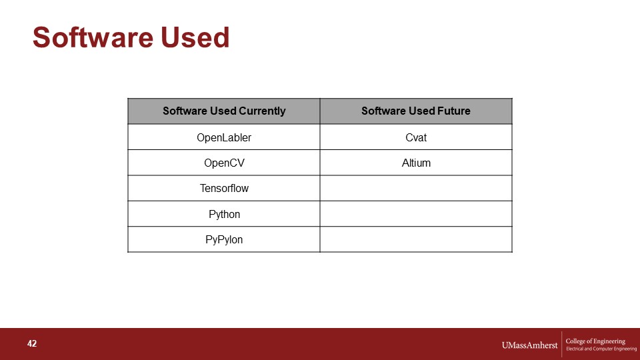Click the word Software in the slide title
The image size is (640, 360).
coord(92,37)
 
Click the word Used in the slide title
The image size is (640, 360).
coord(195,37)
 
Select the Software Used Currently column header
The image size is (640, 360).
coord(224,111)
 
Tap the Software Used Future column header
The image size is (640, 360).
coord(416,111)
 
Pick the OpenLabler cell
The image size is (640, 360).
coord(224,137)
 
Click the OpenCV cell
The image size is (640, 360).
coord(224,163)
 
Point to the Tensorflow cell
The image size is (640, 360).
coord(224,188)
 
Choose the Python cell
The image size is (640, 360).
coord(224,214)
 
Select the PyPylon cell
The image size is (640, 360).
coord(224,239)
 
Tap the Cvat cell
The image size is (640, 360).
coord(416,137)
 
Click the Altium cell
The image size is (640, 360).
coord(416,163)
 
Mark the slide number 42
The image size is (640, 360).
coord(32,344)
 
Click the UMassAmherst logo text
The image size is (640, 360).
coord(529,345)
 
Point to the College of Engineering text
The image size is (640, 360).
coord(595,341)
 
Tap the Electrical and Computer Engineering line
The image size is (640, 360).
coord(601,349)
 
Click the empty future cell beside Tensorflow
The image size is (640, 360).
coord(416,188)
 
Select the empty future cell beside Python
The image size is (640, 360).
coord(416,214)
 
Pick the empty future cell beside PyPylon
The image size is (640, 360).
coord(416,239)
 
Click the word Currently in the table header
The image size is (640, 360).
coord(262,111)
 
